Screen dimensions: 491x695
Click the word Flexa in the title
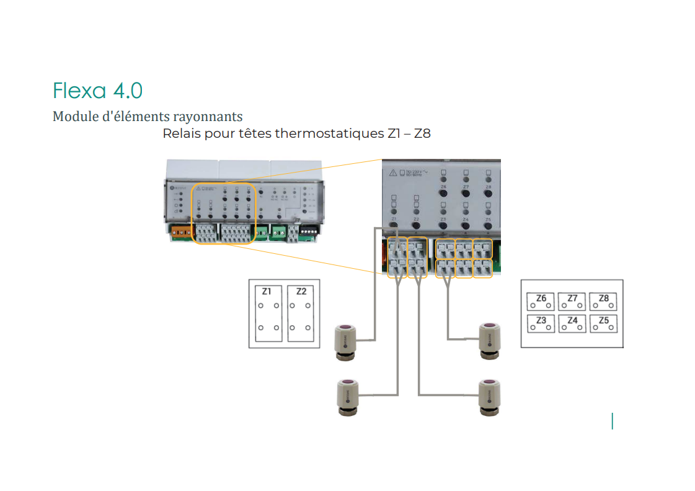79,91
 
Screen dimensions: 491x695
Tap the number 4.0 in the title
128,91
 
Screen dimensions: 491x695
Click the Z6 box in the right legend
541,302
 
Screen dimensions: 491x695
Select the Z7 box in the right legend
572,302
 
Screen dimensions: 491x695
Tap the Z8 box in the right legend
604,302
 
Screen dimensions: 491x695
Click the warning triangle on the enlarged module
394,174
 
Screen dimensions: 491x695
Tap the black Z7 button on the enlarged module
466,194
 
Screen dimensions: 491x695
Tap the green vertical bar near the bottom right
613,421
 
